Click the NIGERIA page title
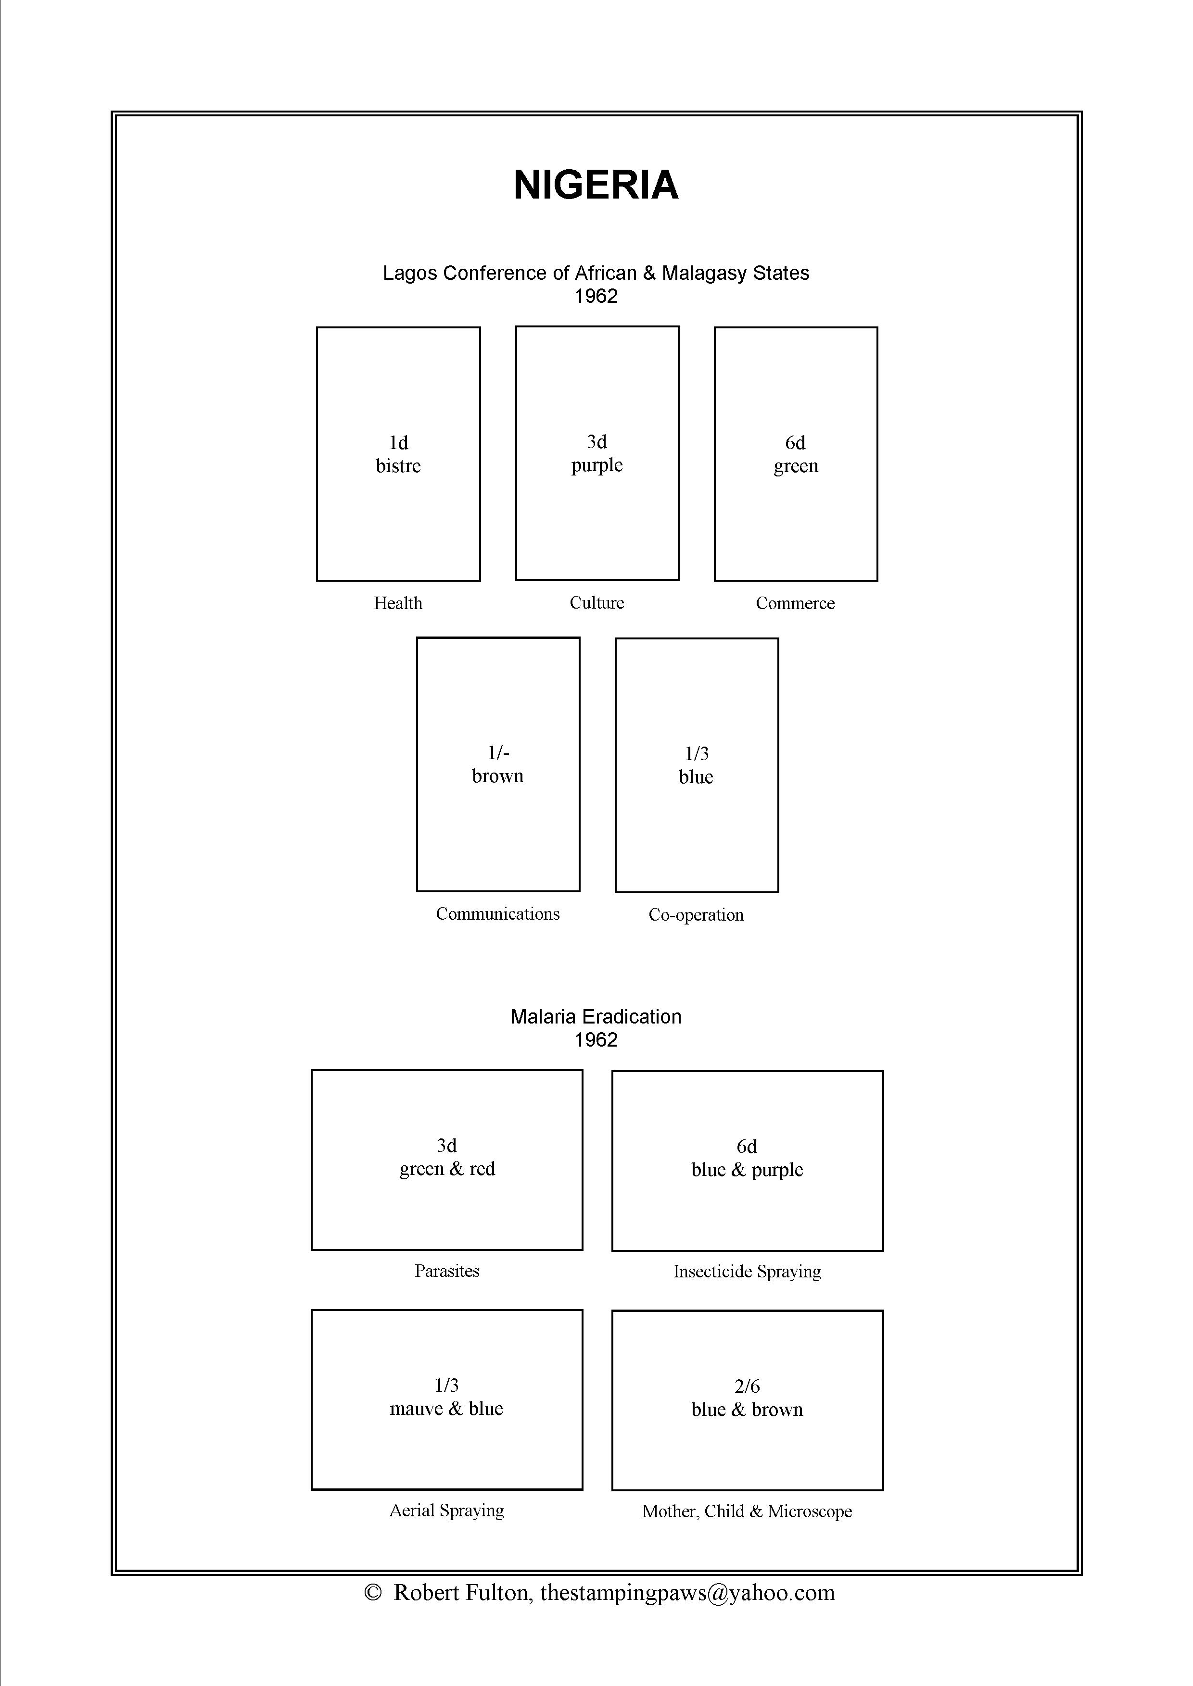pyautogui.click(x=596, y=185)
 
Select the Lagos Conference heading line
pyautogui.click(x=596, y=273)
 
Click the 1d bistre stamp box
pyautogui.click(x=398, y=454)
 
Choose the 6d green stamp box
pyautogui.click(x=796, y=454)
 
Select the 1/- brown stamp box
pyautogui.click(x=498, y=764)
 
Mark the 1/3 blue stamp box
pyautogui.click(x=697, y=765)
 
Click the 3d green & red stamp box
pyautogui.click(x=446, y=1160)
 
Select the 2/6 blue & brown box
pyautogui.click(x=747, y=1400)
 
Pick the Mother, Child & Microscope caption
pyautogui.click(x=747, y=1511)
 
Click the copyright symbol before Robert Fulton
pyautogui.click(x=373, y=1593)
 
